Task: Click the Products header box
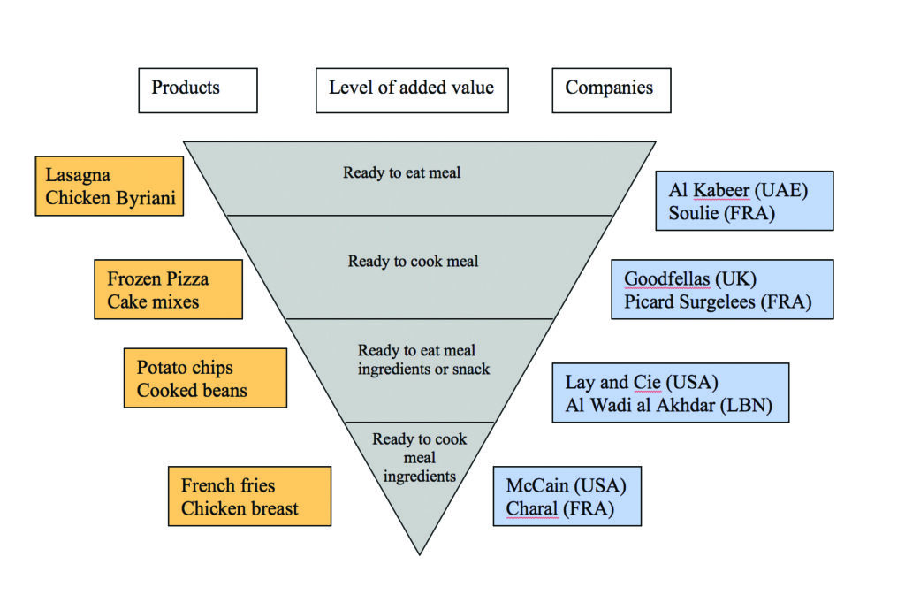point(197,89)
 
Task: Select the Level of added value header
point(412,89)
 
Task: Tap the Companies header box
point(611,89)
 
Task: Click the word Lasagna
point(78,175)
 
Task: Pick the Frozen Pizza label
point(158,279)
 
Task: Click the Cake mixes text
point(154,302)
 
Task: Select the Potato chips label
point(185,367)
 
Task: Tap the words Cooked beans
point(192,390)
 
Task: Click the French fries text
point(228,485)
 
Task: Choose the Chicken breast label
point(240,508)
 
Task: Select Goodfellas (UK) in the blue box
point(689,279)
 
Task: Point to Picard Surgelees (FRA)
point(718,302)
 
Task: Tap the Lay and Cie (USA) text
point(642,383)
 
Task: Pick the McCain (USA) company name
point(566,485)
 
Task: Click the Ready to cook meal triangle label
point(413,262)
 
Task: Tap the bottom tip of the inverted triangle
point(420,553)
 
